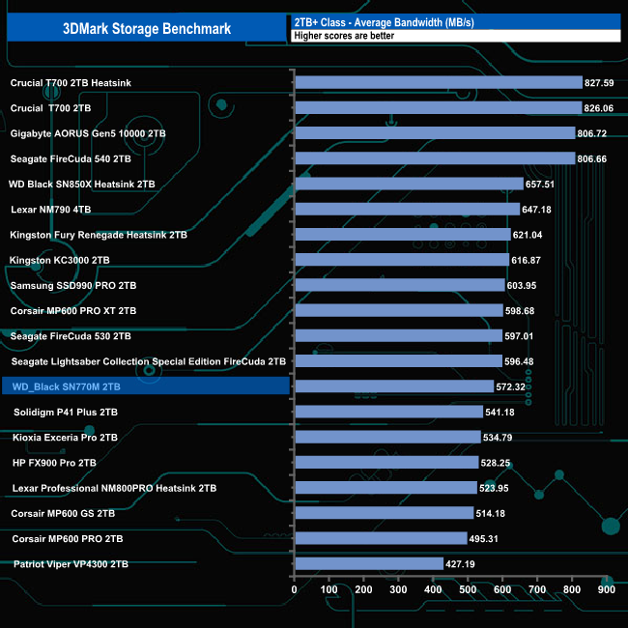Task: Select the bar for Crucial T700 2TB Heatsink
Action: [438, 83]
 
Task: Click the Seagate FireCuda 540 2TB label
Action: [71, 158]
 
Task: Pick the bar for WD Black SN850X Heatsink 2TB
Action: [407, 184]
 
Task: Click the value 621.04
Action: [533, 235]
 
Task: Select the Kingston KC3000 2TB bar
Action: [401, 260]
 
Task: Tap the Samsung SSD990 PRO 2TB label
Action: [73, 286]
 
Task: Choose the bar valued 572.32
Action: [393, 386]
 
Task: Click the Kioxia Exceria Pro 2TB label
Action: [64, 438]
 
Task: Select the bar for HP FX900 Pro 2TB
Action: [385, 463]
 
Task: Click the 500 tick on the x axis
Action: [468, 588]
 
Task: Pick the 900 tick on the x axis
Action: [606, 588]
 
